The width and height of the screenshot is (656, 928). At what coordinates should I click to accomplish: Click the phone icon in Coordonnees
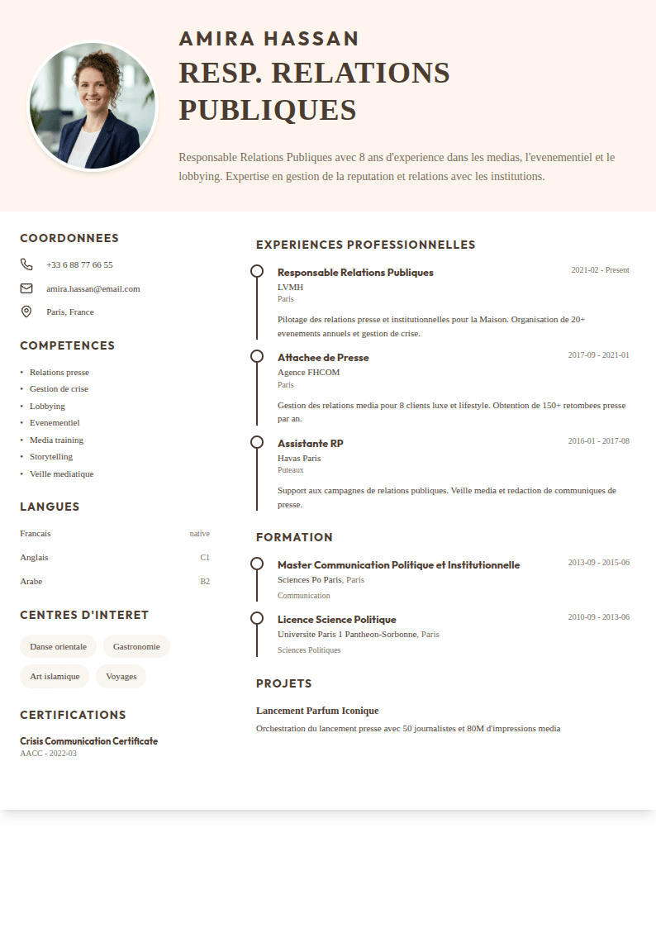[26, 264]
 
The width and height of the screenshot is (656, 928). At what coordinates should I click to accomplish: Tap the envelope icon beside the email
[26, 288]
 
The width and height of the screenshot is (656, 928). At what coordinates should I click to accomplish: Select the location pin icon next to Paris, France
[26, 312]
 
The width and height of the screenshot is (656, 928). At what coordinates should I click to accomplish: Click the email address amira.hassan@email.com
[93, 288]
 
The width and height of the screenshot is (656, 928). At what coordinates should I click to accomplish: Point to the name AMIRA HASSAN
[269, 39]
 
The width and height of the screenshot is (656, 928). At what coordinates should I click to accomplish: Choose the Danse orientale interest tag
[58, 646]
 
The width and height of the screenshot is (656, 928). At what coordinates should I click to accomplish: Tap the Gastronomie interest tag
[136, 646]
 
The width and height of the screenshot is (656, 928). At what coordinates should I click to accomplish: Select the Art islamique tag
[55, 676]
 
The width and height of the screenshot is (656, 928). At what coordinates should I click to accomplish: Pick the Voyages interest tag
[121, 676]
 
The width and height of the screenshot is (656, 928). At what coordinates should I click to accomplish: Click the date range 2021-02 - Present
[600, 270]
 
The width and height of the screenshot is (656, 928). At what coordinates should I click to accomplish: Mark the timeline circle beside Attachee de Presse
[257, 356]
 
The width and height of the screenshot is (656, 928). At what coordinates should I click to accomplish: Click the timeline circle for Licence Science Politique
[257, 618]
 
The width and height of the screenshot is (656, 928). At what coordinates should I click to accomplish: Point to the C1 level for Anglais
[205, 557]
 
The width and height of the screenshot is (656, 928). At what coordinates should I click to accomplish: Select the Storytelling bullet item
[51, 456]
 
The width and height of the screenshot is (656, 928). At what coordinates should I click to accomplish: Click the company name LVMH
[290, 287]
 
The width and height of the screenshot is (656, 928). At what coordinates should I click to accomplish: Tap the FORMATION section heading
[294, 537]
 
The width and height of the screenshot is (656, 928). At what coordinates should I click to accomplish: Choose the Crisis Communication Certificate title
[88, 741]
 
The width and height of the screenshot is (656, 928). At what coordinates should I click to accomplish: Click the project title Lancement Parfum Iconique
[317, 711]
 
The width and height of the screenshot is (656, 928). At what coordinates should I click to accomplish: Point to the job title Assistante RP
[310, 444]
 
